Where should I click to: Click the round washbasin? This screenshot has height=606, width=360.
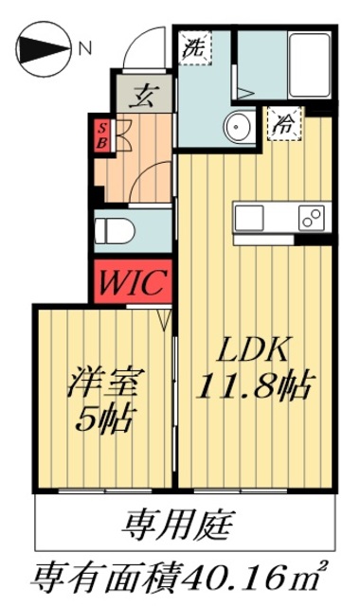click(x=239, y=125)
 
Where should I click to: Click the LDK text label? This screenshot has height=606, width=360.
click(x=255, y=349)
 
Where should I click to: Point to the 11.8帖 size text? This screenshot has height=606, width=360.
click(x=255, y=385)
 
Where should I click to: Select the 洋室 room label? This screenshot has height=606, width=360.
click(x=104, y=383)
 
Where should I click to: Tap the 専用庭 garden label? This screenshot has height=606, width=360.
click(x=180, y=523)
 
